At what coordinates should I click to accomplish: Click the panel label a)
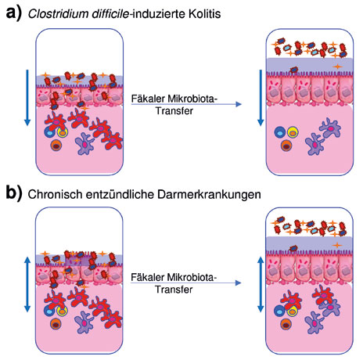pyautogui.click(x=14, y=13)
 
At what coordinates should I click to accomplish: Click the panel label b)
pyautogui.click(x=14, y=193)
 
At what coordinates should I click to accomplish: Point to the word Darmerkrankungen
pyautogui.click(x=209, y=195)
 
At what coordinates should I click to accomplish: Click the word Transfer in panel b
pyautogui.click(x=174, y=290)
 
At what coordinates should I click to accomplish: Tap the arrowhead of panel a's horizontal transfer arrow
pyautogui.click(x=239, y=104)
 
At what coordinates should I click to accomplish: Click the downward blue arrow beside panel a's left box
pyautogui.click(x=27, y=98)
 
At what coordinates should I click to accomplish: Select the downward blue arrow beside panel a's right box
pyautogui.click(x=261, y=98)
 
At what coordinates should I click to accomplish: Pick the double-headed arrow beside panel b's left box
pyautogui.click(x=27, y=284)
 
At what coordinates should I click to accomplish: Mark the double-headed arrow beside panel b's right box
pyautogui.click(x=261, y=284)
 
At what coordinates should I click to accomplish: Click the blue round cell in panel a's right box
pyautogui.click(x=280, y=132)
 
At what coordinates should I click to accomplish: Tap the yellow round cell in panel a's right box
pyautogui.click(x=293, y=132)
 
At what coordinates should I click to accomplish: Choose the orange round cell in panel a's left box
pyautogui.click(x=56, y=146)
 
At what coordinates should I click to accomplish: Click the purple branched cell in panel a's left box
pyautogui.click(x=84, y=143)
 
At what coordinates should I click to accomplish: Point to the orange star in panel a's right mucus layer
pyautogui.click(x=337, y=67)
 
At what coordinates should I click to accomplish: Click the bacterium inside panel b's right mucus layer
pyautogui.click(x=293, y=248)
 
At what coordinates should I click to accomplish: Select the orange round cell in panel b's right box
pyautogui.click(x=286, y=324)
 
